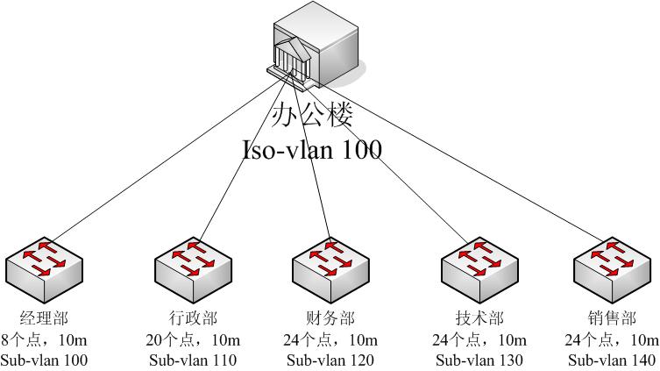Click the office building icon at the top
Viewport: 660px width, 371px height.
tap(316, 46)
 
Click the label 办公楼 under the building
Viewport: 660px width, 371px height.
tap(312, 114)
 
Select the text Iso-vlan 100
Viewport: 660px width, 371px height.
tap(312, 149)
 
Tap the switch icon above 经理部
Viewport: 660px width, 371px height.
tap(44, 270)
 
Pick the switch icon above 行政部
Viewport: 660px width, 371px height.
tap(193, 270)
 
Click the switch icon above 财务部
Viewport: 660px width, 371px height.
tap(330, 270)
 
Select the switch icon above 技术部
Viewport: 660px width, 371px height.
tap(479, 270)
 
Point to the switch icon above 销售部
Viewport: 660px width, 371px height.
tap(612, 270)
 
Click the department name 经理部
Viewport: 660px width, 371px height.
tap(44, 318)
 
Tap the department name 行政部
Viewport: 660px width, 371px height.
tap(193, 318)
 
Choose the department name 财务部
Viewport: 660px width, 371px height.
tap(330, 318)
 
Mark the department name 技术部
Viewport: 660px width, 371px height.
tap(479, 318)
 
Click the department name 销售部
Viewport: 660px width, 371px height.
tap(612, 318)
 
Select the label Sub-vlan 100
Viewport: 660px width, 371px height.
tap(44, 360)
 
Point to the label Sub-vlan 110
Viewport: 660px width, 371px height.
tap(193, 360)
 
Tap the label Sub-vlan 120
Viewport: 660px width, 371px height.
tap(330, 360)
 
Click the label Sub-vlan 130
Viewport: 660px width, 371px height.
tap(479, 360)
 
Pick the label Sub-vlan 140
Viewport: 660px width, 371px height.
tap(612, 360)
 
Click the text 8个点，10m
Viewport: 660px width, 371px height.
tap(44, 339)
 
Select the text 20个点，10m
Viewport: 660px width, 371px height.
tap(193, 339)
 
